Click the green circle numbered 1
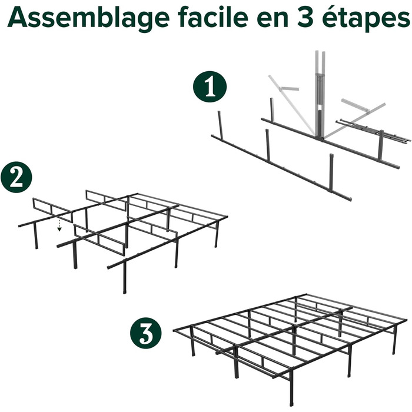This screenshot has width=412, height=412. [210, 87]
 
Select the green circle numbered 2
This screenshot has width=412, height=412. [16, 177]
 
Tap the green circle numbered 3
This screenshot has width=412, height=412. [146, 333]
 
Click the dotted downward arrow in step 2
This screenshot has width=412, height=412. [59, 225]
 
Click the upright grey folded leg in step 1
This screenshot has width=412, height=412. [320, 95]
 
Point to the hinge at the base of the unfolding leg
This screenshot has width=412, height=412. [320, 138]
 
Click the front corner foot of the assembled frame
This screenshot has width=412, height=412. [292, 403]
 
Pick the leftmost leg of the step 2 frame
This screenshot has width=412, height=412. [35, 235]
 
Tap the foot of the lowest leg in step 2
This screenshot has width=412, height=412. [124, 291]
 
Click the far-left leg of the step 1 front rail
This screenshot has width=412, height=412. [220, 125]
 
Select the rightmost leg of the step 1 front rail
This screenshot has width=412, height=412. [331, 173]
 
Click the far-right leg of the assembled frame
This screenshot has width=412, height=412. [394, 340]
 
